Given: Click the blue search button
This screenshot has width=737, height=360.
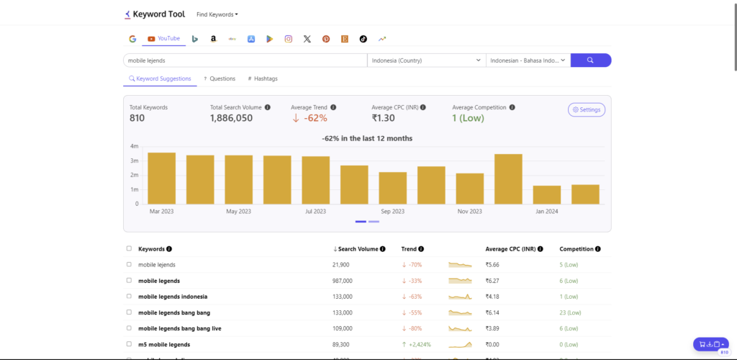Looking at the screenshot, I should (x=590, y=60).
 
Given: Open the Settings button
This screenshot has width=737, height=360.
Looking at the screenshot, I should (x=586, y=109).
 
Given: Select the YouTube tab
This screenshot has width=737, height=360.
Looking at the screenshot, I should (x=163, y=38).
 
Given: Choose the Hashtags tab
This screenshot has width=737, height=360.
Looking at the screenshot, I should (x=263, y=78).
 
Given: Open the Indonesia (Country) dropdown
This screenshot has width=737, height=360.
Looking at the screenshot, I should (x=426, y=60).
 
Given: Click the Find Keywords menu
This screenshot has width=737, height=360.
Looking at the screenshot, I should (x=217, y=14).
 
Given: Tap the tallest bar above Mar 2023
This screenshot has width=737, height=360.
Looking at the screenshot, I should (x=161, y=178).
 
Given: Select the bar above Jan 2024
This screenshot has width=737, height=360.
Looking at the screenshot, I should (x=547, y=194).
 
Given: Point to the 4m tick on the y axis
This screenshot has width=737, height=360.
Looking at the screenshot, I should (x=134, y=146).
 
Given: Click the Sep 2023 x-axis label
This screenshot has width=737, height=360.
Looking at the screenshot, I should (x=392, y=212).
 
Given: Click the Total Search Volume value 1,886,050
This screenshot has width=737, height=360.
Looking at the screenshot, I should (x=231, y=118).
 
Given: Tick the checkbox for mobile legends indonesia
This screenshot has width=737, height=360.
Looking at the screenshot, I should (x=129, y=296).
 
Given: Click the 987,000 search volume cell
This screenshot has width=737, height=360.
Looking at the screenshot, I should (x=342, y=281).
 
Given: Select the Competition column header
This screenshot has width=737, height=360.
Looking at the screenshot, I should (x=577, y=249).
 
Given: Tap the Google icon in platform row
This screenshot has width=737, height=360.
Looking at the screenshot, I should (x=132, y=39).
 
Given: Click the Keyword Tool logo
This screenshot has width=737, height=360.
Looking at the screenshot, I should (x=154, y=14).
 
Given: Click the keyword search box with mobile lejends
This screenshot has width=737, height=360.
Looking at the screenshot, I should (x=245, y=60).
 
